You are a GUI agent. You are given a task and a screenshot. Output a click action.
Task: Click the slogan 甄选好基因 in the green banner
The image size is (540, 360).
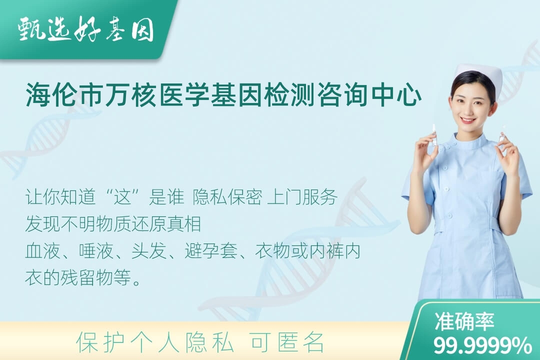pyautogui.click(x=86, y=29)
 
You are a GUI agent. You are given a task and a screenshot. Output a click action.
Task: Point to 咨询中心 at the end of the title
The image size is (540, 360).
pyautogui.click(x=369, y=95)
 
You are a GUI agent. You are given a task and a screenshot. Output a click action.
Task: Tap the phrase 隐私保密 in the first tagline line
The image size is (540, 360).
pyautogui.click(x=227, y=197)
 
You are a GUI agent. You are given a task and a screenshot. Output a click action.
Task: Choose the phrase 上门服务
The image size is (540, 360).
pyautogui.click(x=302, y=197)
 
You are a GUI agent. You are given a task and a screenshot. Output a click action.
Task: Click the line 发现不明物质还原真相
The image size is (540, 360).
pyautogui.click(x=113, y=224)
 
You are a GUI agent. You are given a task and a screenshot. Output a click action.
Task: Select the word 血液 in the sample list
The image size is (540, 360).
pyautogui.click(x=42, y=251)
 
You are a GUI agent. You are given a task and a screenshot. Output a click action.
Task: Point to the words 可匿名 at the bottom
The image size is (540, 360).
pyautogui.click(x=287, y=342)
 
